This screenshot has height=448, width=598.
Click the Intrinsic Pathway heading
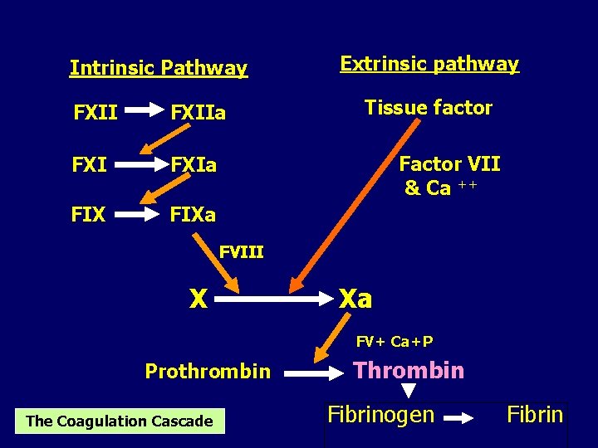pyautogui.click(x=158, y=68)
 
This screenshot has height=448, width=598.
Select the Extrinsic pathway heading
pyautogui.click(x=429, y=64)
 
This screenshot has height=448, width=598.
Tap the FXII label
pyautogui.click(x=96, y=112)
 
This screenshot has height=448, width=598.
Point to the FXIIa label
pyautogui.click(x=198, y=112)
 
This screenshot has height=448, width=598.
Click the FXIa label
pyautogui.click(x=194, y=165)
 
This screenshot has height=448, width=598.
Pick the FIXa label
pyautogui.click(x=193, y=216)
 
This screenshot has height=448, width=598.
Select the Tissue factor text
pyautogui.click(x=429, y=108)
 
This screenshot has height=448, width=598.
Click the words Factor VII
pyautogui.click(x=449, y=164)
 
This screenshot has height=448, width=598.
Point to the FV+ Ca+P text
pyautogui.click(x=395, y=341)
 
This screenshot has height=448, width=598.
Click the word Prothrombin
pyautogui.click(x=208, y=371)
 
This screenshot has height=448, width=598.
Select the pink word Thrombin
pyautogui.click(x=408, y=370)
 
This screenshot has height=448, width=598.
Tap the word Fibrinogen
pyautogui.click(x=380, y=414)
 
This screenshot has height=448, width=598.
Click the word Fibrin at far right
pyautogui.click(x=536, y=414)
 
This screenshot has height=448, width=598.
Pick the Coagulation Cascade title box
pyautogui.click(x=119, y=421)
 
